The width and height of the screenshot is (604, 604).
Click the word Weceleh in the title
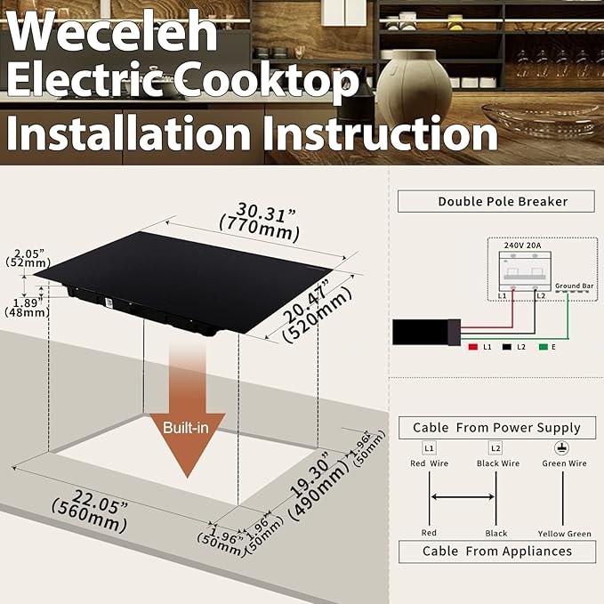pos(112,32)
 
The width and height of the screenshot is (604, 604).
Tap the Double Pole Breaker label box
pos(496,201)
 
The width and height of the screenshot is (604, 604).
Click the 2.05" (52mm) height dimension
pos(28,258)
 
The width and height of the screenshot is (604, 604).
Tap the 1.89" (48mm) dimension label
pos(27,308)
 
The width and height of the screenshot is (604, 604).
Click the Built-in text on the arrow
pos(186,428)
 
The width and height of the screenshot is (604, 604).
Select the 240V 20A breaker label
pos(523,246)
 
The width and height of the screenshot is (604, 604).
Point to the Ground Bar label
pos(575,286)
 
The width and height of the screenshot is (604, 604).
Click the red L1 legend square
pos(472,347)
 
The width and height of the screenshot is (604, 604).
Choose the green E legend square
pos(544,347)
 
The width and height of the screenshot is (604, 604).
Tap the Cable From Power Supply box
pos(497,428)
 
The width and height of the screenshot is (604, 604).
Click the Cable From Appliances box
pos(497,552)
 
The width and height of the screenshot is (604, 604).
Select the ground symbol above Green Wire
pos(561,448)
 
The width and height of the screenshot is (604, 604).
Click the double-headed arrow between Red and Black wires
pos(463,497)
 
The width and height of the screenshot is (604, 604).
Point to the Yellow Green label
pos(564,534)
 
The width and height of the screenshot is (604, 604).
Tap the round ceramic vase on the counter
pos(414,86)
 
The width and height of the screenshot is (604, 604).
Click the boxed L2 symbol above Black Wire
pos(495,448)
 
